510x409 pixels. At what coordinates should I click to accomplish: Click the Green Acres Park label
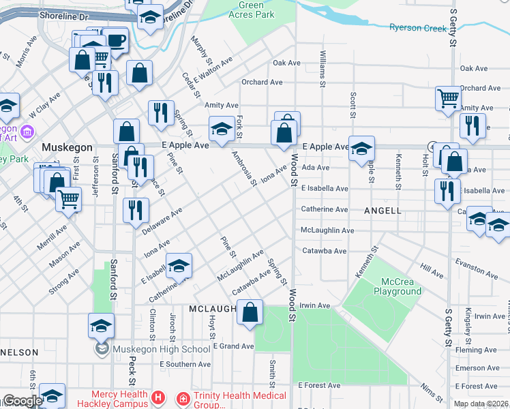(x=251, y=10)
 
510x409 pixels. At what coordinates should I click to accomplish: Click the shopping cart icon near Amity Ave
(x=449, y=99)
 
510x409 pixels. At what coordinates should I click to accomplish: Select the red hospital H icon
(x=158, y=397)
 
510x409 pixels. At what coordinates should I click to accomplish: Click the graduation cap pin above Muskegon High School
(x=101, y=327)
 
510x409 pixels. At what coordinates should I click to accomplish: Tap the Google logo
(x=22, y=402)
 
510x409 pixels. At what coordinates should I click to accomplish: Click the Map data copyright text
(x=481, y=404)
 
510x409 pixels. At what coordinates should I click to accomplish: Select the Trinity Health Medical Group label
(x=231, y=399)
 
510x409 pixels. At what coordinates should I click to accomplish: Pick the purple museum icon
(x=27, y=131)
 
